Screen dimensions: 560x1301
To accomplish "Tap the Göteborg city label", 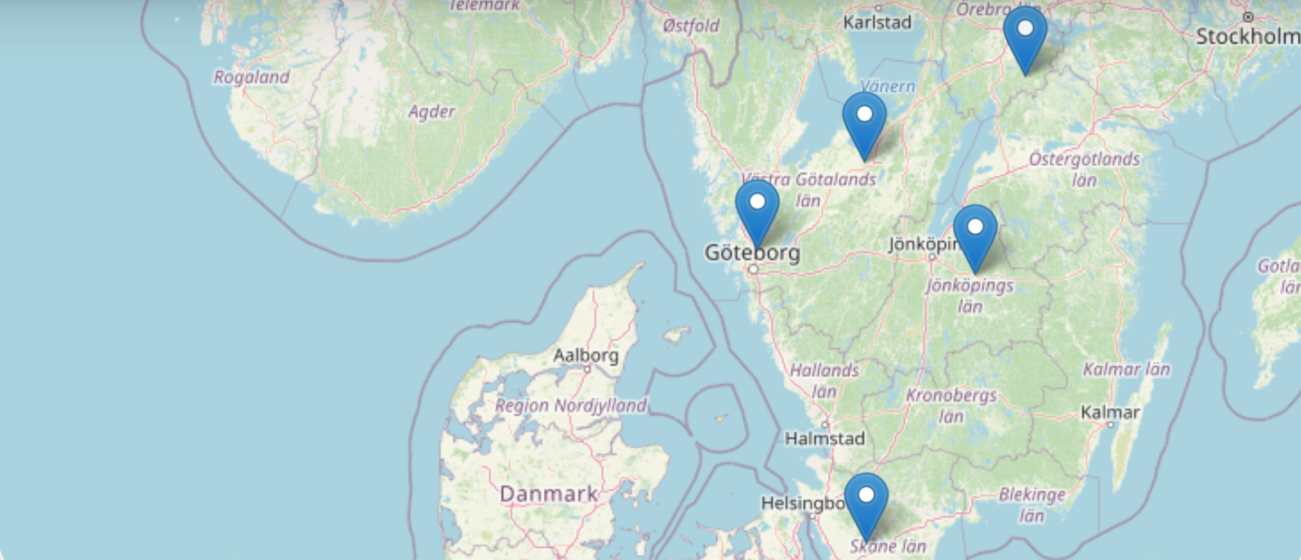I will (x=752, y=253).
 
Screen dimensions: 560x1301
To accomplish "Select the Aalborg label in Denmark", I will (x=586, y=356).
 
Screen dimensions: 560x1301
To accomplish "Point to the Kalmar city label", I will (x=1110, y=413).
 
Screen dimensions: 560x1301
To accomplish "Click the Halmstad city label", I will (x=824, y=439).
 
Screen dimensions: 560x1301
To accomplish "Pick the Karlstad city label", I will (x=877, y=23).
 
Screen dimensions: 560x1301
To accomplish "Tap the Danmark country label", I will (x=548, y=494).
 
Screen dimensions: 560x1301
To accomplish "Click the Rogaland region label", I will (x=252, y=77).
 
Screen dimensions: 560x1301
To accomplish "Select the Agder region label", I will (x=431, y=111).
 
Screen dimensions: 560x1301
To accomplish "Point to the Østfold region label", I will (x=691, y=26).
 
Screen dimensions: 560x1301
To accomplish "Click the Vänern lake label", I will (x=887, y=86).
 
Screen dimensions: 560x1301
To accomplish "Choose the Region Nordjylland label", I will (x=570, y=405).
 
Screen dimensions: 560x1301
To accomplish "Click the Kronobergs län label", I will (x=951, y=405).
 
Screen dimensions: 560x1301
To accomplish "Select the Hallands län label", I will (x=824, y=380).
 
